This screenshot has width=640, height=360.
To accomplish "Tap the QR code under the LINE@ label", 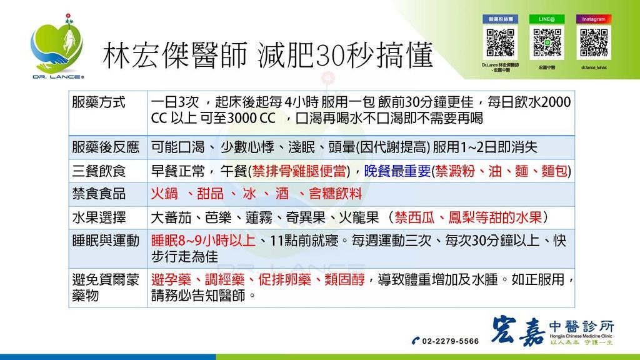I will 547,43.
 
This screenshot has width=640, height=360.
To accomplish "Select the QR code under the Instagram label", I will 593,43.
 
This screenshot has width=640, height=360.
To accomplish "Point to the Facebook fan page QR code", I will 500,43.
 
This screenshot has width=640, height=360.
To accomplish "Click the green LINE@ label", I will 547,19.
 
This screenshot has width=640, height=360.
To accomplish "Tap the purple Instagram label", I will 593,19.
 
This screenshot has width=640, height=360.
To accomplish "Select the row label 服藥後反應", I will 106,147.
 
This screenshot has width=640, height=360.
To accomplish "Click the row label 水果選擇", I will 99,217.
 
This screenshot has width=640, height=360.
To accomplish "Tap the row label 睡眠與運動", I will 106,241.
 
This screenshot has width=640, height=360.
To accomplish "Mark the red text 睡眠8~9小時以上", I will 204,241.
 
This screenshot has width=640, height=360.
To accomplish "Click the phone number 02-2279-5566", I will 450,341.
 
